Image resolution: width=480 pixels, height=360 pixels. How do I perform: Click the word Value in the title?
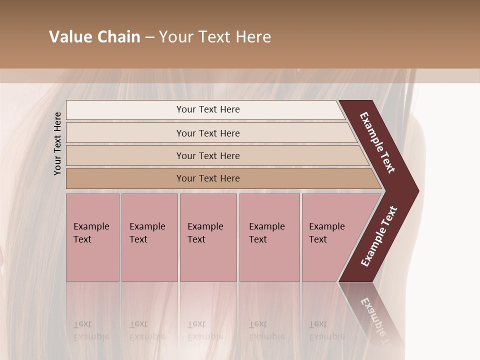point(70,37)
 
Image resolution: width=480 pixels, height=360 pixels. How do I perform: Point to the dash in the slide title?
point(149,37)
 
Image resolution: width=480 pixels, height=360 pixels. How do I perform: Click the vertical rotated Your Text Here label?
point(57,143)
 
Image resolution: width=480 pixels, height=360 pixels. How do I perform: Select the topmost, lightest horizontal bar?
point(207,109)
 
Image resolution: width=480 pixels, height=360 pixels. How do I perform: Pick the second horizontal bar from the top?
point(207,133)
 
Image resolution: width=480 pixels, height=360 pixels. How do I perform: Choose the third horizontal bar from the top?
point(207,155)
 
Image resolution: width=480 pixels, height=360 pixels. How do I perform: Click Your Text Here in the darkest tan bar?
point(207,178)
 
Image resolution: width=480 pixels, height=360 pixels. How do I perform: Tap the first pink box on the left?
point(92,237)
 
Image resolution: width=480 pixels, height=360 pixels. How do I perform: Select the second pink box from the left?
point(149,237)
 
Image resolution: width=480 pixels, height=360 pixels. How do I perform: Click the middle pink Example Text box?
point(208,237)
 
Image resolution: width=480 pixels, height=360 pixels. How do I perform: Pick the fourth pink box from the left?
point(269,237)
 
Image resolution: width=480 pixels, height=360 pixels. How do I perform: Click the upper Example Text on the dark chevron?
point(377,142)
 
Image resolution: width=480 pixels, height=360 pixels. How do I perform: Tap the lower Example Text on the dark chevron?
point(379,236)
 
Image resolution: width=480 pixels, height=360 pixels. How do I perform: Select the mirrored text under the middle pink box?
point(205,330)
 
